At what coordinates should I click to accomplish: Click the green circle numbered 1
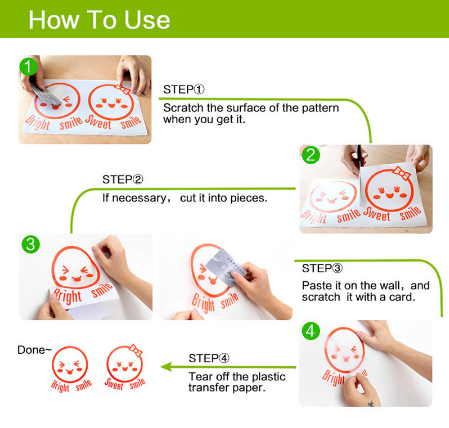(x=28, y=67)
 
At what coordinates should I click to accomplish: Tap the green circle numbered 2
(x=311, y=155)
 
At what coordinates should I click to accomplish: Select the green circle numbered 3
(x=31, y=244)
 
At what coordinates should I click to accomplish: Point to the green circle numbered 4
(x=311, y=331)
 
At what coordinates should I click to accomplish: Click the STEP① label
(x=184, y=89)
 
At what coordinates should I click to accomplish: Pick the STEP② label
(x=123, y=179)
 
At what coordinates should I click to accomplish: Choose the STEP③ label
(x=322, y=268)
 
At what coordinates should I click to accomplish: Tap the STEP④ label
(x=209, y=358)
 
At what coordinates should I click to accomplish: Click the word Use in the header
(x=147, y=20)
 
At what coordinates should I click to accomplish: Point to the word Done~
(x=35, y=350)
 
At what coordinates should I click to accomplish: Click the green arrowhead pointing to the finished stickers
(x=166, y=367)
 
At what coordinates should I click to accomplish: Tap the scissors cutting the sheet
(x=359, y=157)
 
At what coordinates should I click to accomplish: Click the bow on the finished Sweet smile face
(x=136, y=350)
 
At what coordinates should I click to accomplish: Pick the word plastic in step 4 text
(x=269, y=377)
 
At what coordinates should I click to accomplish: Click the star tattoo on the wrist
(x=371, y=404)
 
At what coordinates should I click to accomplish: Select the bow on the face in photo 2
(x=401, y=172)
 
